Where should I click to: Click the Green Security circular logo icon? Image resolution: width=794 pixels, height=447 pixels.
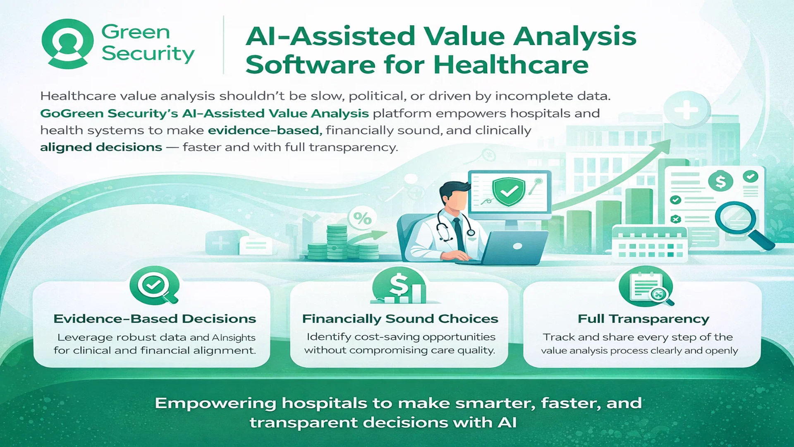(x=67, y=43)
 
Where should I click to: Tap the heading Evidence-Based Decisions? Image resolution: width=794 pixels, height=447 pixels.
(x=155, y=319)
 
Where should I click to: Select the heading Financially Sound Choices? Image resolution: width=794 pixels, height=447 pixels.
(x=400, y=319)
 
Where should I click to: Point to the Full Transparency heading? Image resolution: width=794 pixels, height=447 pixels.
(x=643, y=319)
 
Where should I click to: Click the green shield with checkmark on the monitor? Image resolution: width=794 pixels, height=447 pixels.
(x=508, y=191)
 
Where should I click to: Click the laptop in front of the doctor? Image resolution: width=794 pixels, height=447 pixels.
(x=511, y=248)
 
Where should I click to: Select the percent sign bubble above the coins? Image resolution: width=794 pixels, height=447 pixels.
(x=362, y=218)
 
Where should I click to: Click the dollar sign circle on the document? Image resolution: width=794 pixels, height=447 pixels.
(x=720, y=181)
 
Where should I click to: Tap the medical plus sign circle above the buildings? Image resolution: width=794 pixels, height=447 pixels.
(x=686, y=109)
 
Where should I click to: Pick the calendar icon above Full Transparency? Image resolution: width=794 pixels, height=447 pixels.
(x=646, y=286)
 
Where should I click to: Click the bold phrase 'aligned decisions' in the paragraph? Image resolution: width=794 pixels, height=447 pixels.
(x=101, y=147)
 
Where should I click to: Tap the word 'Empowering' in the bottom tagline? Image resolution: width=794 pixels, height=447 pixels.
(x=215, y=404)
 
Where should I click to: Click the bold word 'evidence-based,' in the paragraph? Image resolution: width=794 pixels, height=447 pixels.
(x=265, y=130)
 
